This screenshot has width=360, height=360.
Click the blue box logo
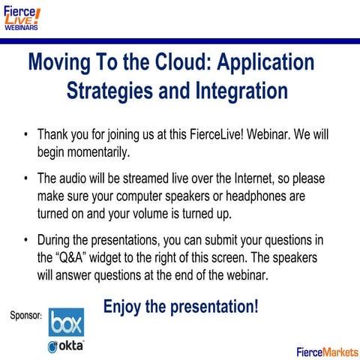66,321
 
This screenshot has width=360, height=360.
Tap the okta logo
66,346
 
